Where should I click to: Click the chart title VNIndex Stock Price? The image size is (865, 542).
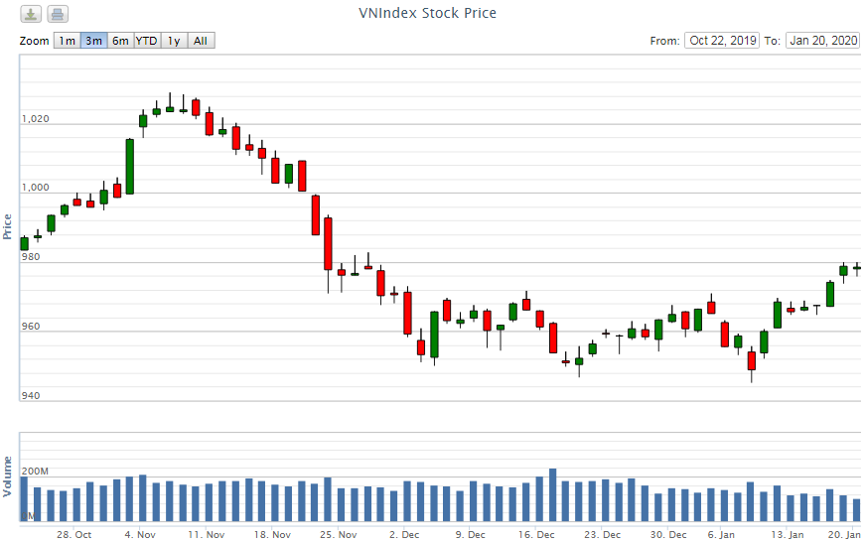[x=427, y=13]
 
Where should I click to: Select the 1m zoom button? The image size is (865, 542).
[x=67, y=41]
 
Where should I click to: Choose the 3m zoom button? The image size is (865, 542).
[x=93, y=41]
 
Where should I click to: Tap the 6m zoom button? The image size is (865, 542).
[x=120, y=41]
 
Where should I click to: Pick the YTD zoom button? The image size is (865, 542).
[x=146, y=41]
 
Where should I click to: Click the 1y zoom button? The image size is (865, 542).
[x=174, y=41]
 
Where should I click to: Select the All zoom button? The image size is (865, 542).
[x=201, y=41]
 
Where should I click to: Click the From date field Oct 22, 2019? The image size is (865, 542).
[x=722, y=41]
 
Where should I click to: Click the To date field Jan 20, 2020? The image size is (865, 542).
[x=822, y=41]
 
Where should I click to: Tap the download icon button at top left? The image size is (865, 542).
[x=32, y=14]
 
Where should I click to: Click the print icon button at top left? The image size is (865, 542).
[x=58, y=14]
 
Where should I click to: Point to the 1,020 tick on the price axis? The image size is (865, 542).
[x=35, y=119]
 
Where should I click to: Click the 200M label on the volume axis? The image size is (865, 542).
[x=35, y=471]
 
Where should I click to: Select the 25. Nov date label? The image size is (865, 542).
[x=340, y=534]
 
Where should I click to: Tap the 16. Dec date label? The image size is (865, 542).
[x=537, y=534]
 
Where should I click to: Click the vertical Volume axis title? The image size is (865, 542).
[x=8, y=476]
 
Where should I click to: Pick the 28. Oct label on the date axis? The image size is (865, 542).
[x=74, y=534]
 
